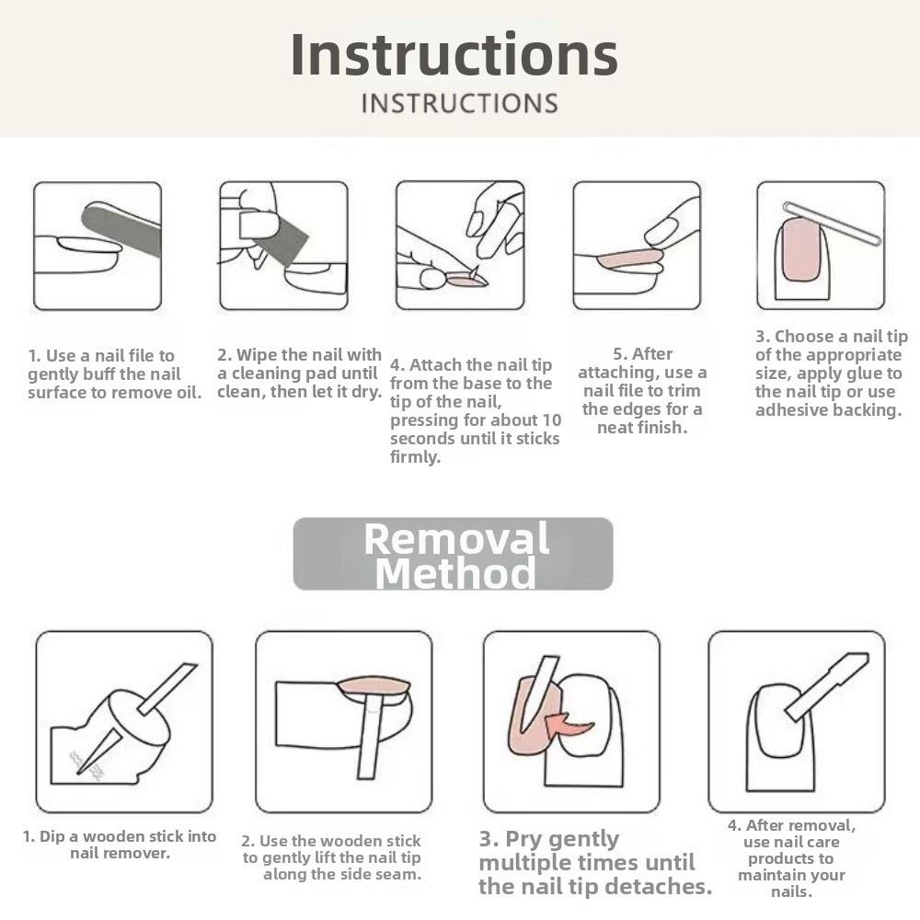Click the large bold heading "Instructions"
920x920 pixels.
(454, 54)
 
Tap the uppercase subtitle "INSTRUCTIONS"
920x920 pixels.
(459, 103)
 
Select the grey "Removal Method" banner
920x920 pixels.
(453, 553)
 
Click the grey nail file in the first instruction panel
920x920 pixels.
(121, 229)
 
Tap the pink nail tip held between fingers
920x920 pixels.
(466, 281)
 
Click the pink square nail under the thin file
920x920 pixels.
(801, 248)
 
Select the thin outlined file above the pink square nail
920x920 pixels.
(833, 223)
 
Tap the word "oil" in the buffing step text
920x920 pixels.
(189, 393)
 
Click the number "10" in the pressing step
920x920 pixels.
(551, 420)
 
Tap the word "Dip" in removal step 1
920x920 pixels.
(52, 837)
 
